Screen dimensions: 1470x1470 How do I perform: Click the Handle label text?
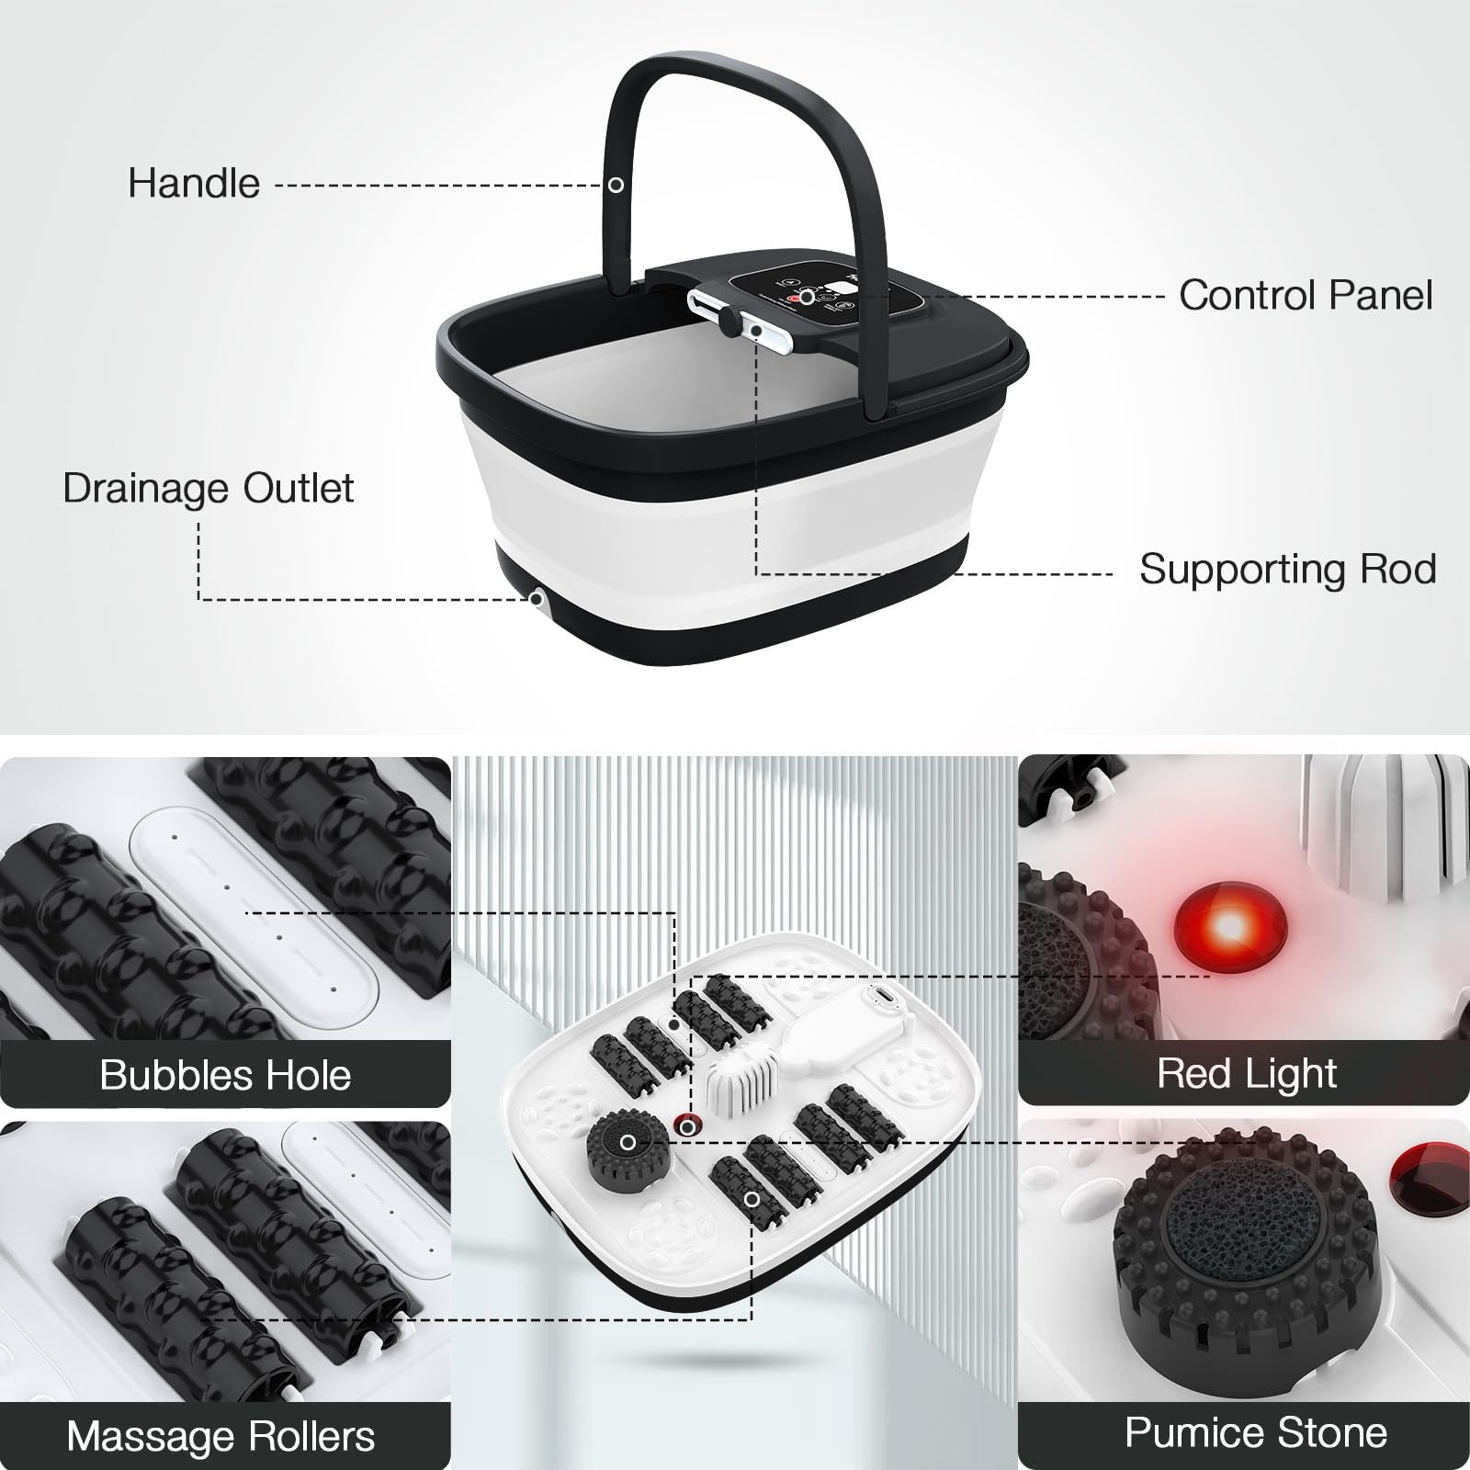(194, 184)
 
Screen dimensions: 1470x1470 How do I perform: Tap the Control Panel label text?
(1305, 296)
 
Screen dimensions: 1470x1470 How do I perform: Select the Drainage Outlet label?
(209, 489)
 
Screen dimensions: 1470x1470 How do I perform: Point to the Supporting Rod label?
(1287, 570)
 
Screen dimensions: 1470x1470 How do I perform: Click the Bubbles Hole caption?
(225, 1075)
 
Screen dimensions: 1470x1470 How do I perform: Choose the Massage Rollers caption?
(220, 1436)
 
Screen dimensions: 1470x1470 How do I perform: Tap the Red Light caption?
(1247, 1073)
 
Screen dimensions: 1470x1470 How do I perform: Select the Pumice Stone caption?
(1255, 1432)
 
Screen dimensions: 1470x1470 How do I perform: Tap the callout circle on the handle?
(616, 185)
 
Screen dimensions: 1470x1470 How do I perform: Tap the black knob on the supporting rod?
(729, 322)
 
